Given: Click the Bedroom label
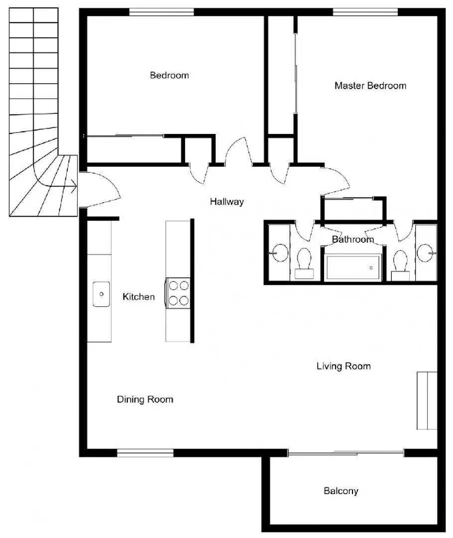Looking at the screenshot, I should coord(169,76).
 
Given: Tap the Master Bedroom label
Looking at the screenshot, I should coord(370,86).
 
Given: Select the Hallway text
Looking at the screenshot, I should coord(226,202).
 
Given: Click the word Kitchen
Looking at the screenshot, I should coord(138,297).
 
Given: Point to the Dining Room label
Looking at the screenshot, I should coord(145,400).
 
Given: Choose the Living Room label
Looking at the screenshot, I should coord(343,367).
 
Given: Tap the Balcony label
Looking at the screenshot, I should coord(340,491).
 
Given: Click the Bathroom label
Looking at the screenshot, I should coord(352,240).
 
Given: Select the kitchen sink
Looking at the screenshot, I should coord(101,294).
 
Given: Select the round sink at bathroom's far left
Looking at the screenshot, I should coord(280,253).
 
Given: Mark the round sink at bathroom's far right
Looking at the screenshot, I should coord(426,253).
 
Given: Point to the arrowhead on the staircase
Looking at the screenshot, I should coord(74,188).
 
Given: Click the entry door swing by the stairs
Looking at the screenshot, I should coord(102,189).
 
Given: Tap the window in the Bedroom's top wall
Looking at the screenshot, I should coord(161,12).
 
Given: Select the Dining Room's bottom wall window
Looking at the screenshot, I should coord(145,453).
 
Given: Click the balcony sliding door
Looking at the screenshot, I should coord(346,453).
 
